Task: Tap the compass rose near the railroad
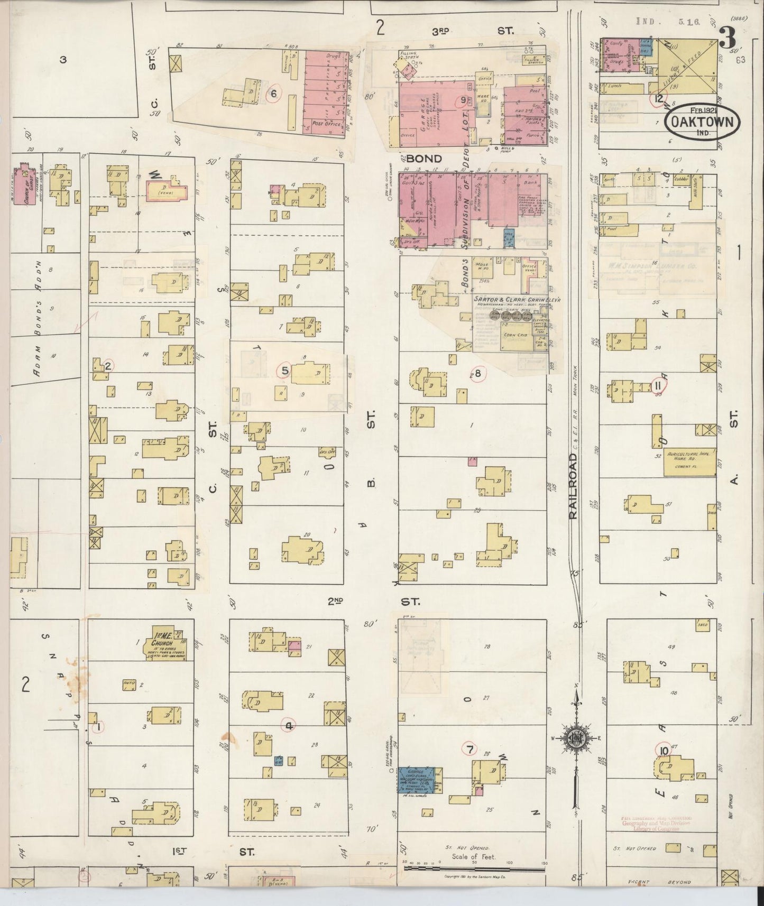coord(575,738)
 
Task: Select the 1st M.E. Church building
coord(166,645)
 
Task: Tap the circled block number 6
coord(273,94)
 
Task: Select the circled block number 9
coord(463,100)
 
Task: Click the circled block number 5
coord(284,371)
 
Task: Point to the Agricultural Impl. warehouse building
coord(688,463)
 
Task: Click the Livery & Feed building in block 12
coord(687,66)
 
